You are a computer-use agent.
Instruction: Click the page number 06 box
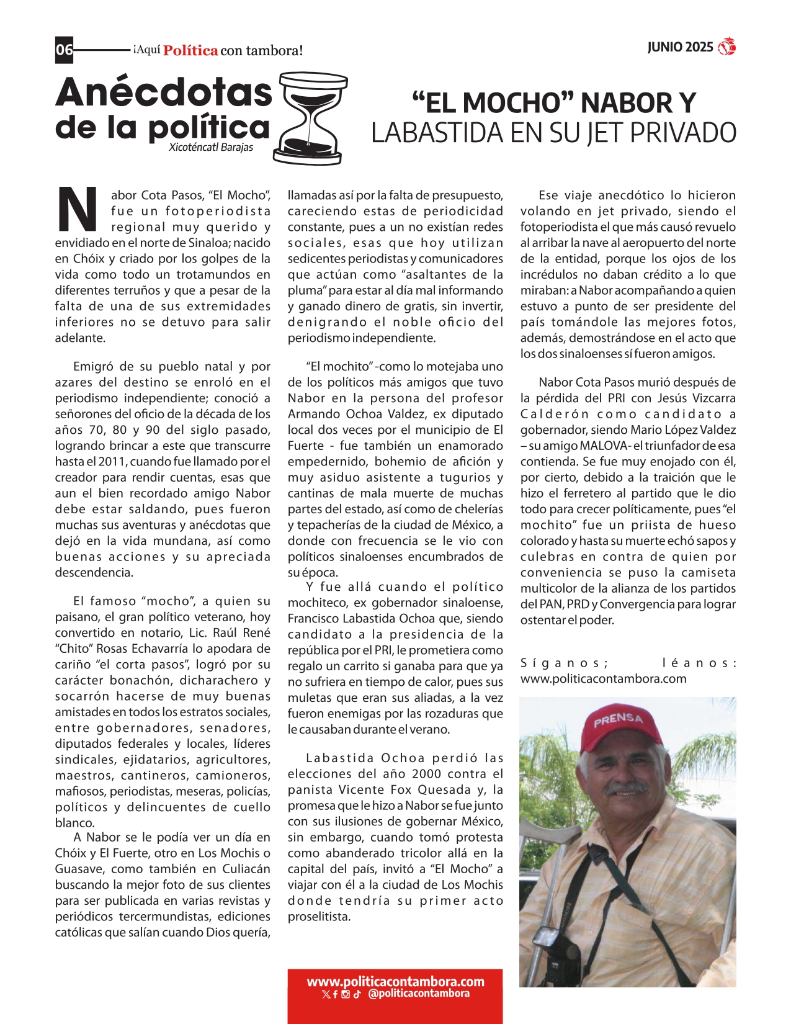click(64, 50)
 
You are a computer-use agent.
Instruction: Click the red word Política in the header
click(190, 51)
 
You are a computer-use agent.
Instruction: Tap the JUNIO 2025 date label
click(680, 48)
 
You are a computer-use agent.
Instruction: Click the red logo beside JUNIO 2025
click(726, 47)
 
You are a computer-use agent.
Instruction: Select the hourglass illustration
click(310, 119)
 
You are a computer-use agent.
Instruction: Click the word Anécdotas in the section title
click(164, 92)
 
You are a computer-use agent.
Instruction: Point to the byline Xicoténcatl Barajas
click(210, 148)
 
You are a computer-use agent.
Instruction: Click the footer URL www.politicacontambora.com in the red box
click(395, 982)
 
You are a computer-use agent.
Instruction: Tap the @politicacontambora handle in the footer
click(418, 994)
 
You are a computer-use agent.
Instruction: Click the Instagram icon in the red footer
click(346, 994)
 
